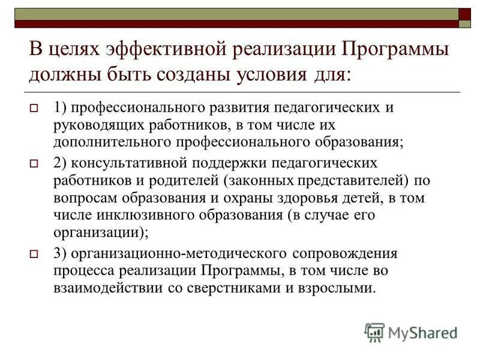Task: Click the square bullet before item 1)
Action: [x=34, y=110]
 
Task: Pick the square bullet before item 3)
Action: [x=34, y=254]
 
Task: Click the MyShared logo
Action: [x=410, y=332]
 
